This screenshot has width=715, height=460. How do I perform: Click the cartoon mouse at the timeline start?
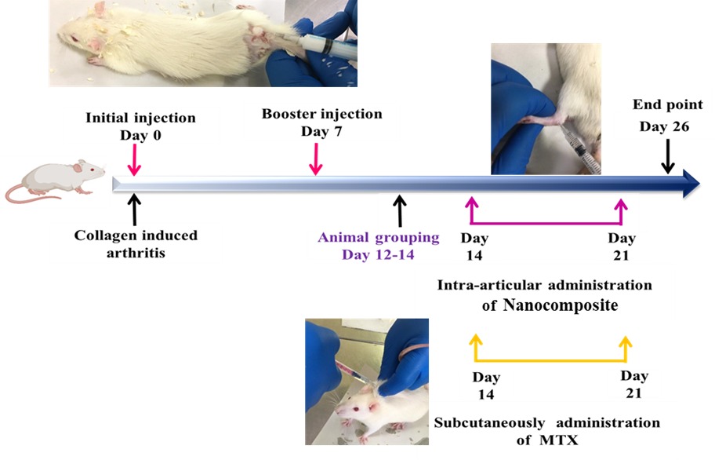point(55,181)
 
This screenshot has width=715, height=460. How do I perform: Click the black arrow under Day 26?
point(666,156)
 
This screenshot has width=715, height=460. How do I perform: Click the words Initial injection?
point(142,118)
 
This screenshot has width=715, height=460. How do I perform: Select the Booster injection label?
point(322,114)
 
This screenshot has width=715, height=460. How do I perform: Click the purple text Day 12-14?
point(379,254)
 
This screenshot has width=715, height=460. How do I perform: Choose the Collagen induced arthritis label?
point(136,243)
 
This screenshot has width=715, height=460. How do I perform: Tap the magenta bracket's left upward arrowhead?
point(471,203)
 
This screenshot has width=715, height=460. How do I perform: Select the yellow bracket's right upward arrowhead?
point(625,341)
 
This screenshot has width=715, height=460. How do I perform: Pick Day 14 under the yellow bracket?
point(486,385)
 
